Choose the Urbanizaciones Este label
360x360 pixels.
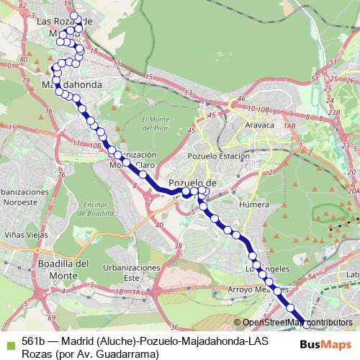tap(131, 272)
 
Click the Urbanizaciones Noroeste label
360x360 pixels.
tap(27, 198)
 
